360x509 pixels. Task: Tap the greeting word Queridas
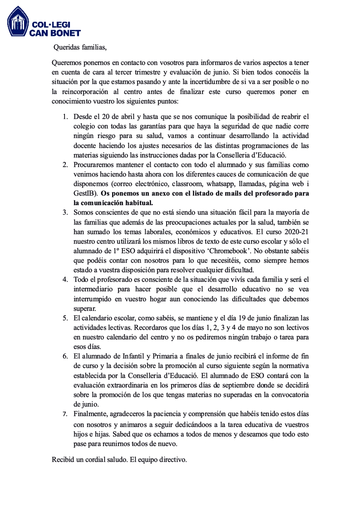(66, 46)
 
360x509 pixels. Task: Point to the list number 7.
(65, 413)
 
